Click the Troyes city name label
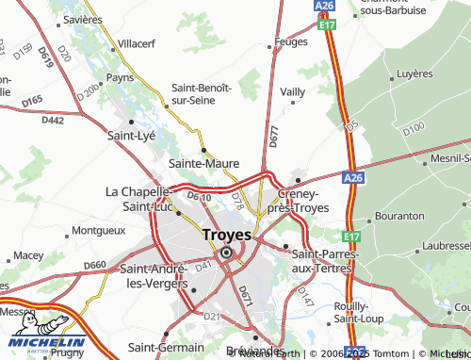coord(226,235)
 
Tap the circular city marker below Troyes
coord(226,253)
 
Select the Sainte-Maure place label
coord(203,163)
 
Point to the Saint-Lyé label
coord(131,136)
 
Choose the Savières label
coord(83,19)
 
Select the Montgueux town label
coord(98,230)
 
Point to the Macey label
coord(28,255)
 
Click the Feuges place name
coord(290,42)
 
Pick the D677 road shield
coord(273,138)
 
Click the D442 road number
coord(53,120)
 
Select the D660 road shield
coord(95,265)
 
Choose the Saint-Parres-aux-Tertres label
coord(322,261)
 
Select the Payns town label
coord(121,77)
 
